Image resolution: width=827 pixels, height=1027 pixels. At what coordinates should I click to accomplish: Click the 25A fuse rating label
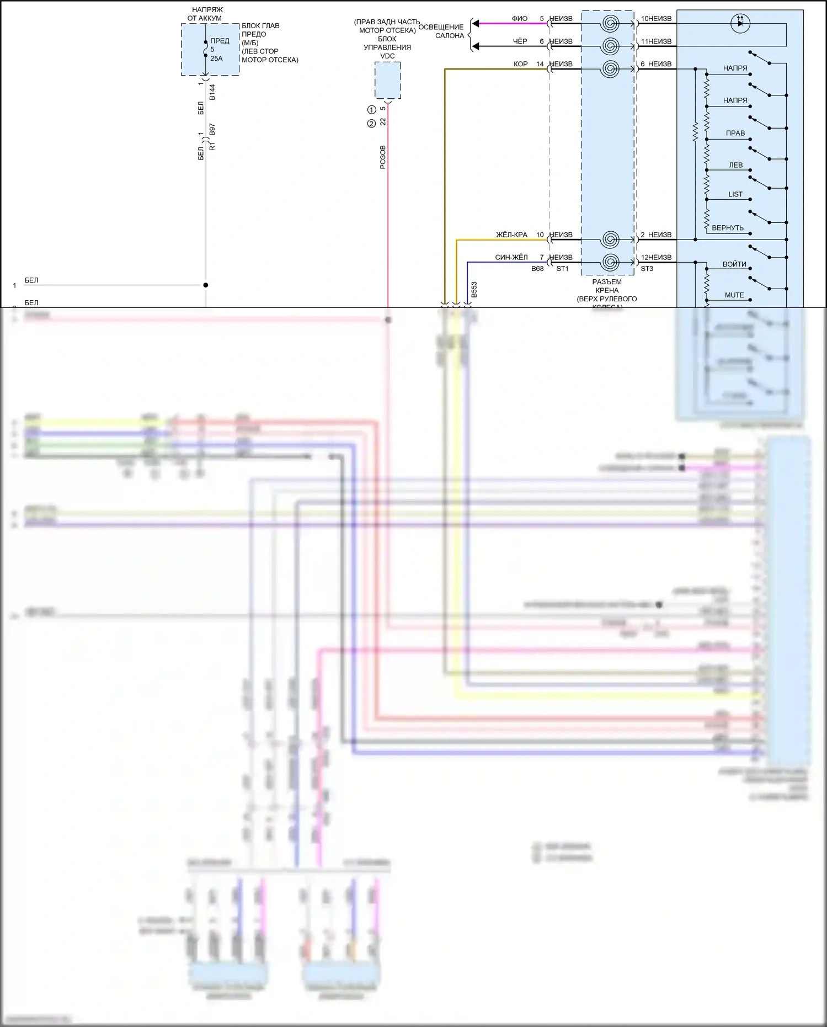click(x=216, y=58)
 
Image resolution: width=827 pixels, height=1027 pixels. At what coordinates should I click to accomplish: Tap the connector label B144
click(x=212, y=92)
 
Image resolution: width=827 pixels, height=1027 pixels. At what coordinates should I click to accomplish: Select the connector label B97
click(x=212, y=130)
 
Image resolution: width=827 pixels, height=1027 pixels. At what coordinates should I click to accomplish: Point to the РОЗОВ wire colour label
click(x=383, y=157)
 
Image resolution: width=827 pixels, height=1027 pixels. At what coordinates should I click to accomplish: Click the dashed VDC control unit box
click(x=387, y=80)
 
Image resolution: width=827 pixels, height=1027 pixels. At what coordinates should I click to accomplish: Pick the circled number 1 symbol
click(x=372, y=110)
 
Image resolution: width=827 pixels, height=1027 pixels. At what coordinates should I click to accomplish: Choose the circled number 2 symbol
click(x=372, y=124)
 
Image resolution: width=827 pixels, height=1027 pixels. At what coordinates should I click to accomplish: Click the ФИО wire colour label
click(x=519, y=19)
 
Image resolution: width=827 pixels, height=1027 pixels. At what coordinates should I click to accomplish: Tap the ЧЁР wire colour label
click(x=520, y=41)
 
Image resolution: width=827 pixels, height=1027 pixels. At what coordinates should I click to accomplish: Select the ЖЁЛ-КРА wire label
click(x=511, y=235)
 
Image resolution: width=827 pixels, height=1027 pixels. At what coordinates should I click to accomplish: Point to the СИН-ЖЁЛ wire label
click(x=511, y=258)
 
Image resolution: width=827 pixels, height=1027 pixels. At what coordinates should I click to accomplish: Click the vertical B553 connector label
click(x=474, y=290)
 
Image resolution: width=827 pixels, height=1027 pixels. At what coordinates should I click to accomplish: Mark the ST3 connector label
click(x=647, y=269)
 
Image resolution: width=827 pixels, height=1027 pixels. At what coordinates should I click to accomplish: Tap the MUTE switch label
click(x=734, y=295)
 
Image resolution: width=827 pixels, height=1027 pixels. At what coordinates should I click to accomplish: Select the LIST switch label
click(x=735, y=194)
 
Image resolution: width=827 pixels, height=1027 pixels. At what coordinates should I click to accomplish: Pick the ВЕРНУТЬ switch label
click(x=728, y=228)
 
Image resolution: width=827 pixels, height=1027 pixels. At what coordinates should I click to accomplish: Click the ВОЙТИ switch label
click(x=734, y=264)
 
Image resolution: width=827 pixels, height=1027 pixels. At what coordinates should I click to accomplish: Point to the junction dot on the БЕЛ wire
click(x=205, y=285)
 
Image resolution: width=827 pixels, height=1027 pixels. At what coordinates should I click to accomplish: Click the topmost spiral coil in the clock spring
click(x=610, y=23)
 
